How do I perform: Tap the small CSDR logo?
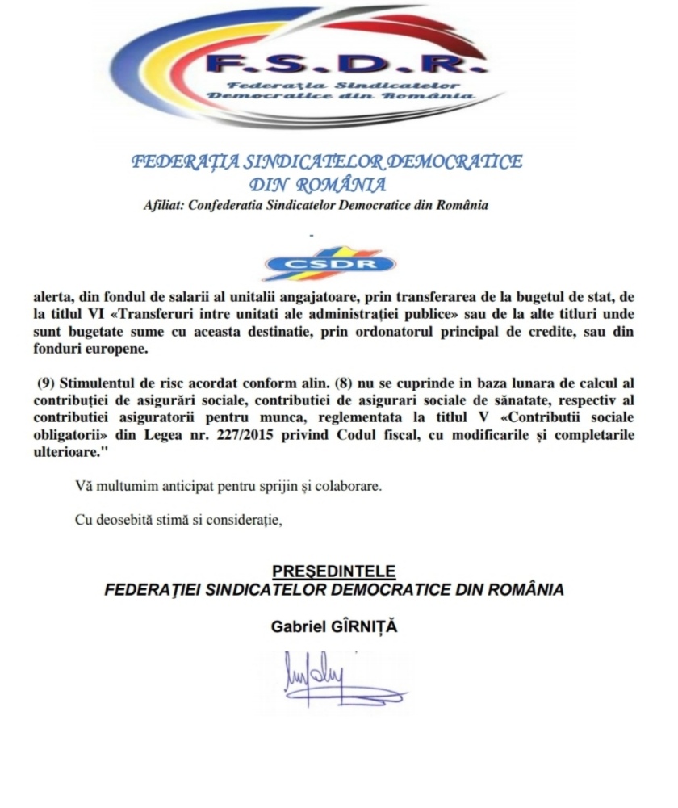(333, 263)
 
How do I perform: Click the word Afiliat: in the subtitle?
(161, 204)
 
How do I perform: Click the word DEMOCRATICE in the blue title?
(438, 161)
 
